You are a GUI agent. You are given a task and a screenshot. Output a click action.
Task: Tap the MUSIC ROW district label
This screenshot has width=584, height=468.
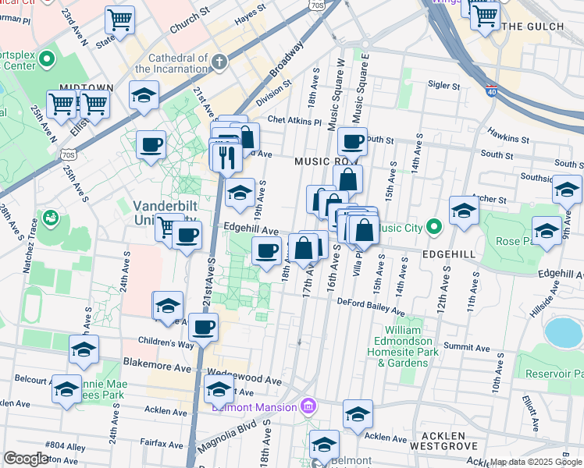pyautogui.click(x=325, y=161)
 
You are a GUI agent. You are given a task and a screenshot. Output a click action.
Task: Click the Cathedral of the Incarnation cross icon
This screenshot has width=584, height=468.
pyautogui.click(x=221, y=61)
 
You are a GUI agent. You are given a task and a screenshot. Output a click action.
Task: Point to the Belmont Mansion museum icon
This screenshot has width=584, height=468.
pyautogui.click(x=308, y=406)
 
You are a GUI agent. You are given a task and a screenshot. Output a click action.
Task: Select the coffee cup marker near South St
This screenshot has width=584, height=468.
pyautogui.click(x=353, y=142)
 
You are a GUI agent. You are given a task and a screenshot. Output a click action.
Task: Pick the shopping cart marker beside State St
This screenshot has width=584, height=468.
pyautogui.click(x=119, y=20)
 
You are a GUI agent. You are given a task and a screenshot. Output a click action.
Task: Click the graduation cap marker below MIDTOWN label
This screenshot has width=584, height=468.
pyautogui.click(x=144, y=95)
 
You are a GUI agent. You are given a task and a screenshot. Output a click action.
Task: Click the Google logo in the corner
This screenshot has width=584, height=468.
pyautogui.click(x=27, y=459)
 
